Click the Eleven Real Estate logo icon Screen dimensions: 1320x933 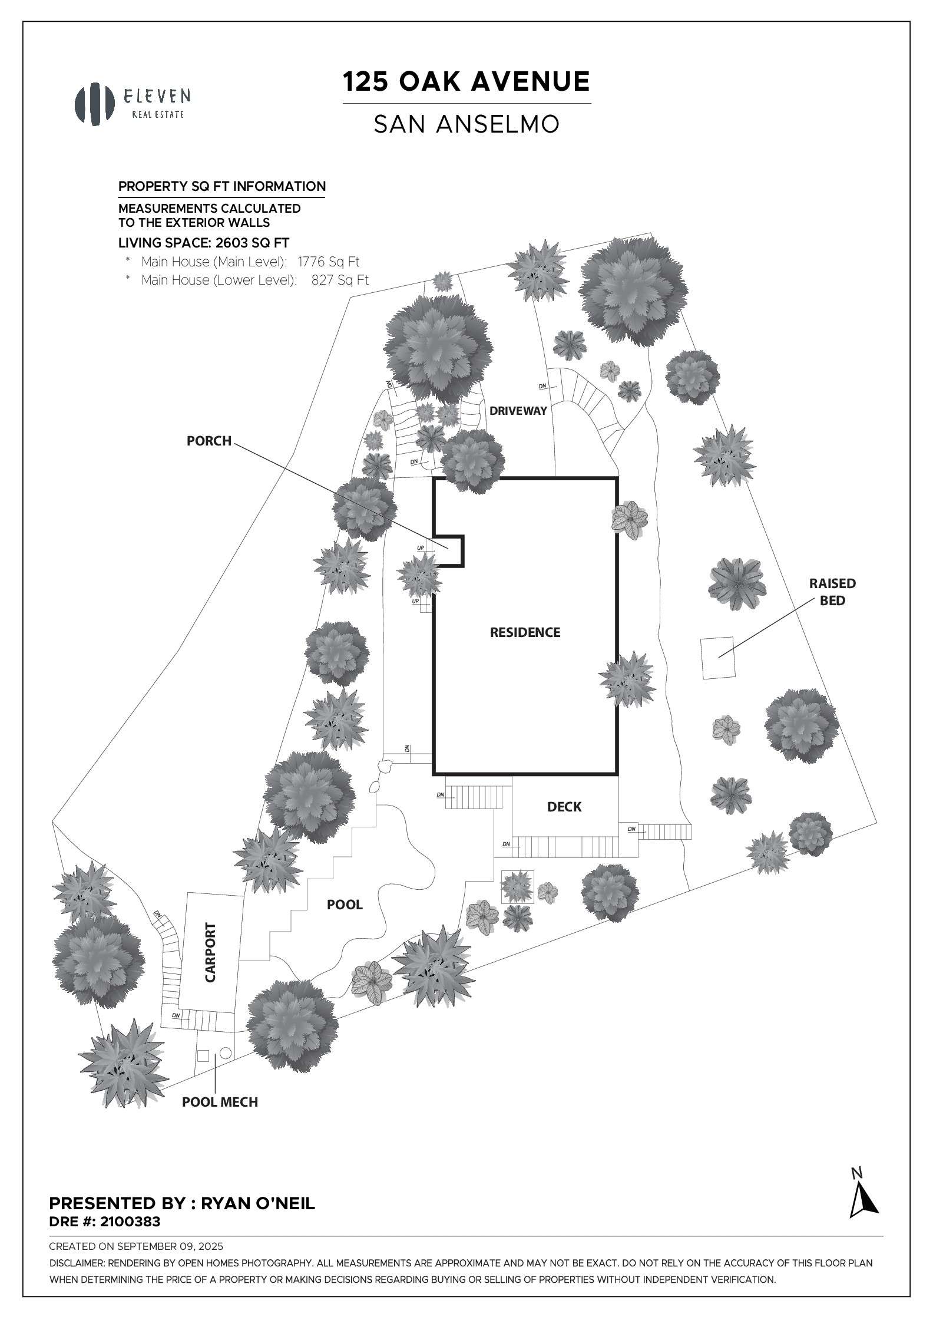94,104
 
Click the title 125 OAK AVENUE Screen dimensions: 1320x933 466,82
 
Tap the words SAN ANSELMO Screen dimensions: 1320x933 466,124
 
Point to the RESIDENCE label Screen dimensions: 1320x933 525,632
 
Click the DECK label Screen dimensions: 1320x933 564,807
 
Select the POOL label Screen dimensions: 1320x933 345,905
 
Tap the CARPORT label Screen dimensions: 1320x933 210,961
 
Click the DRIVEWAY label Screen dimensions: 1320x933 518,411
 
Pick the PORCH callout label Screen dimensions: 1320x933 209,441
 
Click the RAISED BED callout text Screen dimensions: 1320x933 832,592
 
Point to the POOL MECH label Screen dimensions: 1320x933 220,1102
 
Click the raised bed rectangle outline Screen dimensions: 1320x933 717,658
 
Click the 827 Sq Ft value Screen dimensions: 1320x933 340,280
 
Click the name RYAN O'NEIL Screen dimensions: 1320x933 258,1203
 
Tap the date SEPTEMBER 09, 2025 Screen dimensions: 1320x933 170,1246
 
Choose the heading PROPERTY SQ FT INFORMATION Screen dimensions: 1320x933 222,187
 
